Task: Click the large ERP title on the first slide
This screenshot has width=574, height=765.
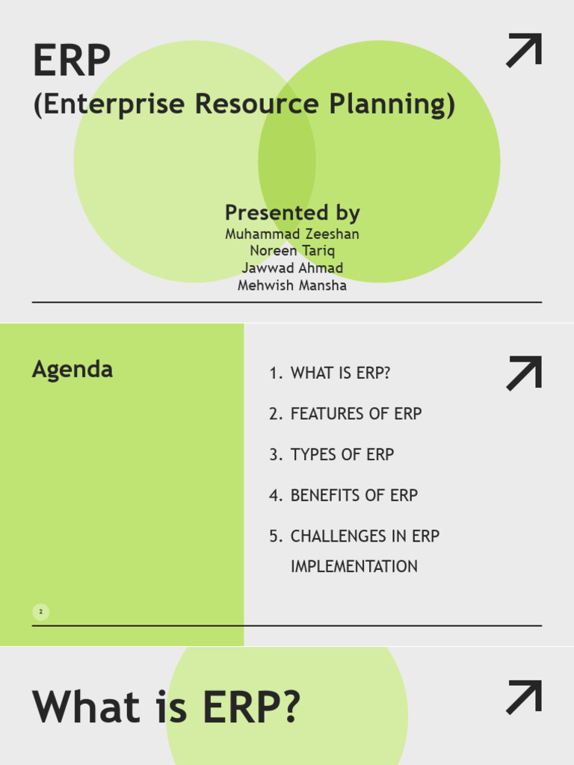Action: [x=72, y=61]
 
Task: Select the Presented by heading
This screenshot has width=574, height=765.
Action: [x=292, y=213]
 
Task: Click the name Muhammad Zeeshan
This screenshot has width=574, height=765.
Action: [x=292, y=234]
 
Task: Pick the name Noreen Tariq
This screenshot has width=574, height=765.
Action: [x=292, y=251]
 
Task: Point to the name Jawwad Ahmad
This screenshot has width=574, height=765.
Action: [x=292, y=268]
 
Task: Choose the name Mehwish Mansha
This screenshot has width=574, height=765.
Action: [x=292, y=285]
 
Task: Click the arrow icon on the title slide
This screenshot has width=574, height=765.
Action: [x=524, y=51]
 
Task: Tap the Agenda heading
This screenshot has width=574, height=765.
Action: [x=72, y=369]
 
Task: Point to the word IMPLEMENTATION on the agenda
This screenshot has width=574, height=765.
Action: [x=354, y=567]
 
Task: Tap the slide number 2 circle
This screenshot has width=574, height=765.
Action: [x=41, y=613]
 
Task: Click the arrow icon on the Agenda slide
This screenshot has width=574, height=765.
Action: [x=524, y=374]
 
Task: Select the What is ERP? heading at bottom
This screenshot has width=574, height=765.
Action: [x=166, y=707]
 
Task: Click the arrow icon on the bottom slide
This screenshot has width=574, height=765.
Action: [x=524, y=697]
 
